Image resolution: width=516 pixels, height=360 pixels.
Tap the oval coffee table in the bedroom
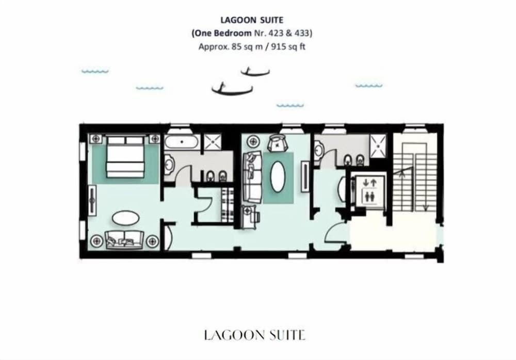[x=125, y=218]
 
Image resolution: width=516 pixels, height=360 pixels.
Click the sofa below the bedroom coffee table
[x=124, y=239]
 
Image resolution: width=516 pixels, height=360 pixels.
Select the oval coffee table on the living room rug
[x=278, y=176]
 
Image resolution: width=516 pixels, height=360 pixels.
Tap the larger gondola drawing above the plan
[x=232, y=90]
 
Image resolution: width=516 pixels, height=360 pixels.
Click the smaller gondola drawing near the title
[x=255, y=72]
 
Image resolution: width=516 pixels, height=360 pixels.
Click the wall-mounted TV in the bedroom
[x=93, y=200]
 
